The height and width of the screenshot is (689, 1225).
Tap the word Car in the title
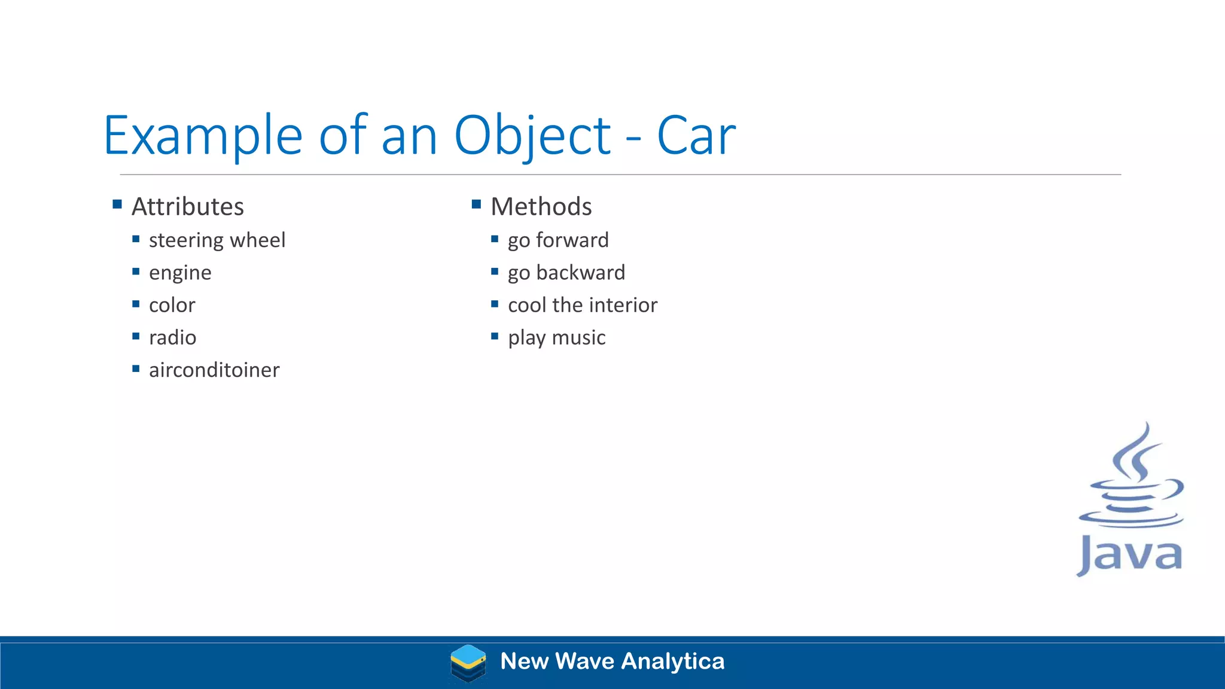(x=696, y=136)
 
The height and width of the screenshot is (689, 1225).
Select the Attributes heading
(x=187, y=207)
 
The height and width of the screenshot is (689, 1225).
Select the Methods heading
(x=541, y=207)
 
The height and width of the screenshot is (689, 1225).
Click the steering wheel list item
(x=217, y=240)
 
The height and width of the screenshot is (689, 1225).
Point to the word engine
(x=180, y=273)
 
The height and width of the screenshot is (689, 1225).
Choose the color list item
(x=172, y=306)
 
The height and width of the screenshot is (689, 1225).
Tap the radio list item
(x=172, y=338)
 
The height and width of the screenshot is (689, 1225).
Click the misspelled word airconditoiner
(x=214, y=370)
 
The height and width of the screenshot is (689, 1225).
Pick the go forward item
(x=557, y=240)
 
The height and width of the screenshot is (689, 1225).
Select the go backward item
(x=566, y=273)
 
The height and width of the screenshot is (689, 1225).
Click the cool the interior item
(x=582, y=306)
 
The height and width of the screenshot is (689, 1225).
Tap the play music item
(x=556, y=338)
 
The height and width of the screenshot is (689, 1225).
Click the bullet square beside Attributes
(x=117, y=205)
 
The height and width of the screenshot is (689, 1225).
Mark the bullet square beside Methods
(x=476, y=205)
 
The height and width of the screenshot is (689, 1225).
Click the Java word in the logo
(x=1129, y=555)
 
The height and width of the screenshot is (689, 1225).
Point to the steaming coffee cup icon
(x=1130, y=478)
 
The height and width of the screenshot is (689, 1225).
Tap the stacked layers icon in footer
(x=468, y=663)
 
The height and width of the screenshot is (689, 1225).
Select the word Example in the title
(x=203, y=136)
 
